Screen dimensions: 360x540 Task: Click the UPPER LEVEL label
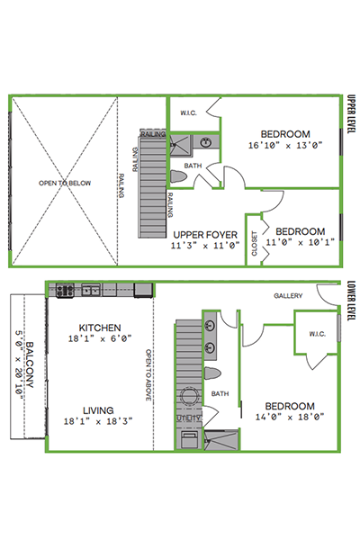point(351,114)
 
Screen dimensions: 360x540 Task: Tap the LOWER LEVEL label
point(351,301)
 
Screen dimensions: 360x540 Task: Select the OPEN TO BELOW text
point(65,183)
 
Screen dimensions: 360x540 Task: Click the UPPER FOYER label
point(205,235)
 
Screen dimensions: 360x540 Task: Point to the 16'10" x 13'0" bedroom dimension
point(285,145)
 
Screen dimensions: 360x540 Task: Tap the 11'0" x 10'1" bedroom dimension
point(300,242)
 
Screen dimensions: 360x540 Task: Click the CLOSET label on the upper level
point(255,244)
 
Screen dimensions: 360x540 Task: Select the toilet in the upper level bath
point(178,176)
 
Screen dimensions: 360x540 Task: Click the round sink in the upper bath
point(206,142)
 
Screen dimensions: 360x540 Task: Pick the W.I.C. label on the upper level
point(188,113)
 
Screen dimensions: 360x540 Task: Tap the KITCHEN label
point(100,328)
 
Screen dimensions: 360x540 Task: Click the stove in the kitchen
point(65,291)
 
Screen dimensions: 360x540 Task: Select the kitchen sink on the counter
point(91,291)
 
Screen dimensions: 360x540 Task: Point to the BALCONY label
point(30,364)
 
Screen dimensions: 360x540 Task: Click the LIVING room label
point(98,410)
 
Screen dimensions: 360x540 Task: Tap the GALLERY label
point(288,295)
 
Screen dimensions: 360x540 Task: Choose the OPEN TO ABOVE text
point(148,375)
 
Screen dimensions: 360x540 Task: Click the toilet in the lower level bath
point(212,373)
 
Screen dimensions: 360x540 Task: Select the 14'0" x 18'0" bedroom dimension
point(290,417)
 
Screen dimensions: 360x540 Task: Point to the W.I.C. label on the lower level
point(318,334)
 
